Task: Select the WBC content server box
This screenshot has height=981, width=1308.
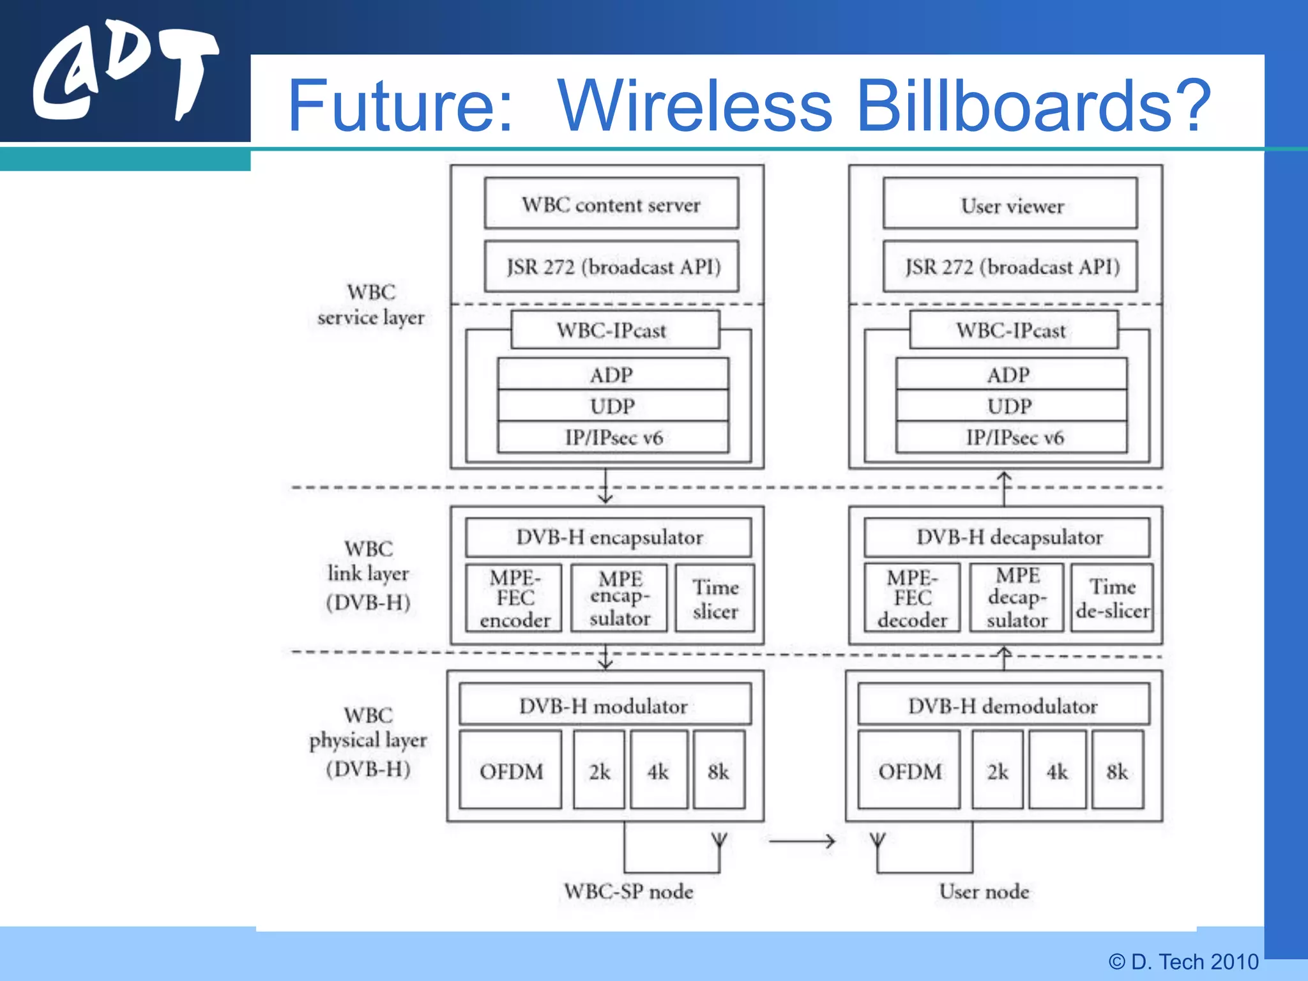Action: pyautogui.click(x=611, y=204)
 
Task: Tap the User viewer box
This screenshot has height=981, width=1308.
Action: pyautogui.click(x=1010, y=204)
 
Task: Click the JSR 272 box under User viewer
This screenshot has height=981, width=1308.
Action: pyautogui.click(x=1010, y=266)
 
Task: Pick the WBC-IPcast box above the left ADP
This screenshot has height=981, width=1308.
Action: pyautogui.click(x=614, y=330)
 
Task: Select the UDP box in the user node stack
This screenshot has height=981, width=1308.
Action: pyautogui.click(x=1011, y=406)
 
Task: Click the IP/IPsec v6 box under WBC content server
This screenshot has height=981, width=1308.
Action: pyautogui.click(x=613, y=437)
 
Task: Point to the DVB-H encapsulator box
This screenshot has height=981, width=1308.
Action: pyautogui.click(x=608, y=537)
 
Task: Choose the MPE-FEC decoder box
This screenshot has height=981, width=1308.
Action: pyautogui.click(x=911, y=598)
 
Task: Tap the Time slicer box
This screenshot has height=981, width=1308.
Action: pyautogui.click(x=715, y=598)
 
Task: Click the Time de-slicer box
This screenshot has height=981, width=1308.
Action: pyautogui.click(x=1112, y=598)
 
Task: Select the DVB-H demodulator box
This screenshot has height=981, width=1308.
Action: pyautogui.click(x=1003, y=705)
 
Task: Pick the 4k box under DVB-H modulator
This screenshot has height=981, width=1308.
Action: pyautogui.click(x=658, y=771)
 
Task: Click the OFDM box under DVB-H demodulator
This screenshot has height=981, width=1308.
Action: pyautogui.click(x=909, y=771)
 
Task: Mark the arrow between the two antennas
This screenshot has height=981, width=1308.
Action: pyautogui.click(x=802, y=841)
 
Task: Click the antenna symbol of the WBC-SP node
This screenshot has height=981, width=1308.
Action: pyautogui.click(x=719, y=840)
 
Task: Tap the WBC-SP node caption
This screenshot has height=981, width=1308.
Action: pyautogui.click(x=628, y=891)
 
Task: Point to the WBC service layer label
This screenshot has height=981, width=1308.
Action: pyautogui.click(x=370, y=305)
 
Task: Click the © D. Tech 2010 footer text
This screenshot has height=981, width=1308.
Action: pyautogui.click(x=1183, y=961)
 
